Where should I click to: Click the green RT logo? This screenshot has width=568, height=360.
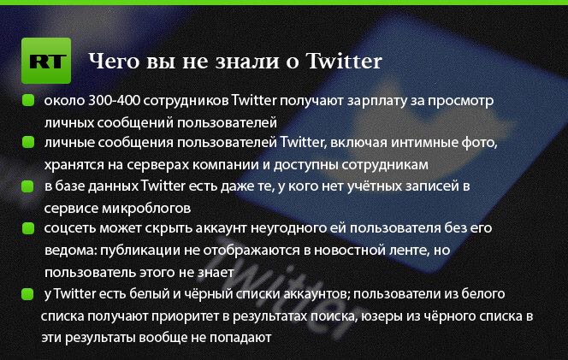(46, 61)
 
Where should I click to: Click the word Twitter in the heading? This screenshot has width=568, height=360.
(344, 61)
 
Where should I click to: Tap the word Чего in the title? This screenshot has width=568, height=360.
(114, 62)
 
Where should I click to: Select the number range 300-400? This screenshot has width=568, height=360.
(114, 100)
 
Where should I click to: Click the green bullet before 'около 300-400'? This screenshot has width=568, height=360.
(28, 100)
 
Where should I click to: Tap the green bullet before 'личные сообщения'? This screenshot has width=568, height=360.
(28, 142)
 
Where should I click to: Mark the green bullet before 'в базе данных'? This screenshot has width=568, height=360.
(27, 186)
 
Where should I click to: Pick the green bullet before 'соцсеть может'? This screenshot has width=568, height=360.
(28, 228)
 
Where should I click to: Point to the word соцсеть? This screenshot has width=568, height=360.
(70, 228)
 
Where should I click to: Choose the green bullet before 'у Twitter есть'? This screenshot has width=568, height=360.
(27, 294)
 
